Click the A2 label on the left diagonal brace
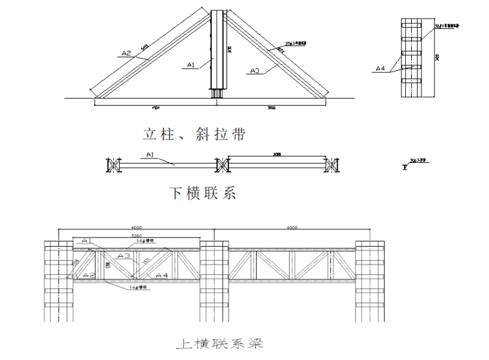tap(125, 53)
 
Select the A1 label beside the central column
tap(190, 64)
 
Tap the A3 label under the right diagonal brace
tap(254, 70)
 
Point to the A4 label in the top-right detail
tap(381, 68)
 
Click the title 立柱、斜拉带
tap(194, 135)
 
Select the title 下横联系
tap(203, 192)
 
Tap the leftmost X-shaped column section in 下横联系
tap(113, 165)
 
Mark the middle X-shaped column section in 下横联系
tap(221, 165)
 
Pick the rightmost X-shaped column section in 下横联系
tap(332, 165)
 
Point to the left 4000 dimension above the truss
tap(136, 227)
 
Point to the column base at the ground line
tap(217, 94)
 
